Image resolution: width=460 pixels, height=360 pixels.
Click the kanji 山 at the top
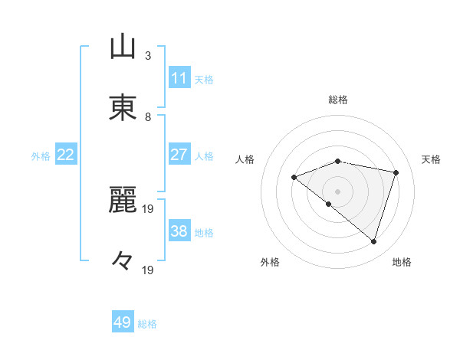click(123, 47)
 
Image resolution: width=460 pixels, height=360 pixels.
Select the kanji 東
click(123, 108)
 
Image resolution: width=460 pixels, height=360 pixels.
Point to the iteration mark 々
click(123, 261)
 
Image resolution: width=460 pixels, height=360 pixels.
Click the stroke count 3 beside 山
click(148, 56)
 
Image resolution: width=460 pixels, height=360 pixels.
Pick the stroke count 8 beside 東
click(148, 117)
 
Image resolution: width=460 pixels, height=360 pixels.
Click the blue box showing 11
click(179, 78)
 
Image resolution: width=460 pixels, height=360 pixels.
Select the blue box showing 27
click(179, 155)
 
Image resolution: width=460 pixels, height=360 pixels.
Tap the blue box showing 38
click(179, 231)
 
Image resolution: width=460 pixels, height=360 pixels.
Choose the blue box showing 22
click(66, 155)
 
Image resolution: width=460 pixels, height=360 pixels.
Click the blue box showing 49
click(123, 322)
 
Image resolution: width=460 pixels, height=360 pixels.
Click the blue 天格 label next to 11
click(204, 79)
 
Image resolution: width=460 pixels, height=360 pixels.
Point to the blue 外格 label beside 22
click(41, 155)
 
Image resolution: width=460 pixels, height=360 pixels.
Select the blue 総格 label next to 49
click(147, 324)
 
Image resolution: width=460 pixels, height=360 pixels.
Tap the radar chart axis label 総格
click(337, 100)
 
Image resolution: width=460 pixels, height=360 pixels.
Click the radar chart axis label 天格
click(431, 159)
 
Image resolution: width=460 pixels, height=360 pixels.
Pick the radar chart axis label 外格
click(270, 262)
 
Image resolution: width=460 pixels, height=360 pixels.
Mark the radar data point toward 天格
click(396, 172)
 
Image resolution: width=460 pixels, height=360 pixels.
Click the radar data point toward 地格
click(373, 241)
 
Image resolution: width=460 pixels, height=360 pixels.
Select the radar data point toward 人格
click(294, 177)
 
